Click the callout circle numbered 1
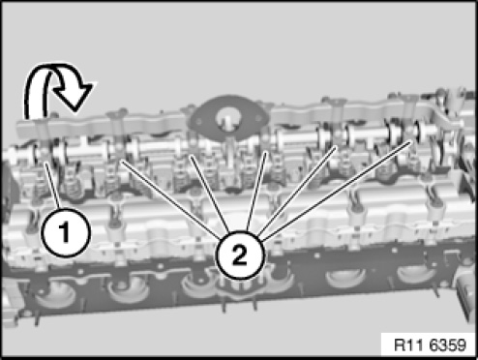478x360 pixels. point(66,233)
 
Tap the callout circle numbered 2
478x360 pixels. point(240,255)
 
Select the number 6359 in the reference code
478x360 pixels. point(448,345)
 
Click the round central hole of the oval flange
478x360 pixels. point(227,119)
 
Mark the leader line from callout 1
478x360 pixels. point(52,186)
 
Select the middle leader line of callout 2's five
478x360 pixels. point(256,192)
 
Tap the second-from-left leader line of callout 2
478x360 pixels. point(209,195)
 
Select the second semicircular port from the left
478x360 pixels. point(129,291)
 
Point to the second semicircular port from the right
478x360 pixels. point(345,278)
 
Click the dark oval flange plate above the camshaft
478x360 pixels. point(228,116)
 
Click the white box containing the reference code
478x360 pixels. point(428,345)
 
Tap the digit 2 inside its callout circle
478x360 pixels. point(239,255)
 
